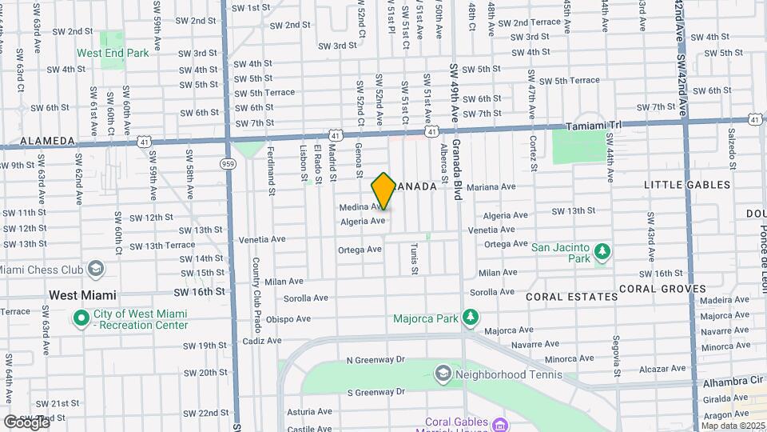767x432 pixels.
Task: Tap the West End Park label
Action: click(x=113, y=54)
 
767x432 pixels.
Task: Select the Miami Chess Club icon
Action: click(x=96, y=268)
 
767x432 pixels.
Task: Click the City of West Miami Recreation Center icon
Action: click(x=81, y=318)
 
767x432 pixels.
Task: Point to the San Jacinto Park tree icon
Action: click(x=602, y=253)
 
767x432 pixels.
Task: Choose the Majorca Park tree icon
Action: click(x=471, y=318)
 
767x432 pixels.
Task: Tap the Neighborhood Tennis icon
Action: click(x=443, y=374)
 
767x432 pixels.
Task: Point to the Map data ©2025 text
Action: click(x=732, y=426)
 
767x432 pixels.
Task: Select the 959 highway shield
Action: click(x=228, y=164)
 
